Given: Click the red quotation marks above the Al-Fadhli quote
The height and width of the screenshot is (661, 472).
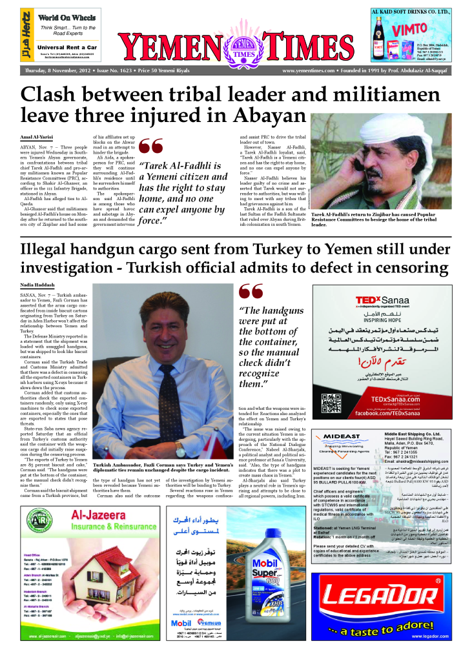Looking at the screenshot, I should click(x=152, y=147).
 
